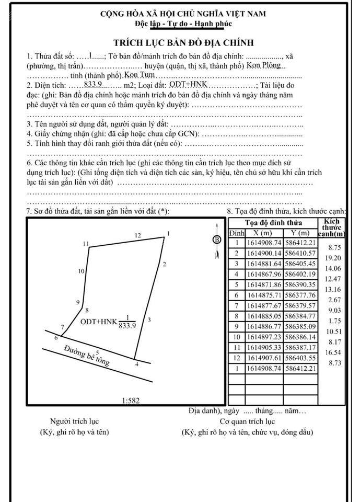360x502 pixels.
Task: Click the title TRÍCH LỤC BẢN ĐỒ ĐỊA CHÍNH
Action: point(180,42)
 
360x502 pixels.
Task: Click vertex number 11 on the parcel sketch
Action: point(86,244)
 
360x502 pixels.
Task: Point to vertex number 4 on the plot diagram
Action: point(136,364)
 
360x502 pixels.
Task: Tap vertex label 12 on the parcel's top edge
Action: point(137,236)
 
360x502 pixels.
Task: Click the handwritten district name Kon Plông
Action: point(266,66)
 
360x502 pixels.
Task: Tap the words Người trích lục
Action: point(75,421)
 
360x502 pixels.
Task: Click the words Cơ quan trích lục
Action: point(247,421)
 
